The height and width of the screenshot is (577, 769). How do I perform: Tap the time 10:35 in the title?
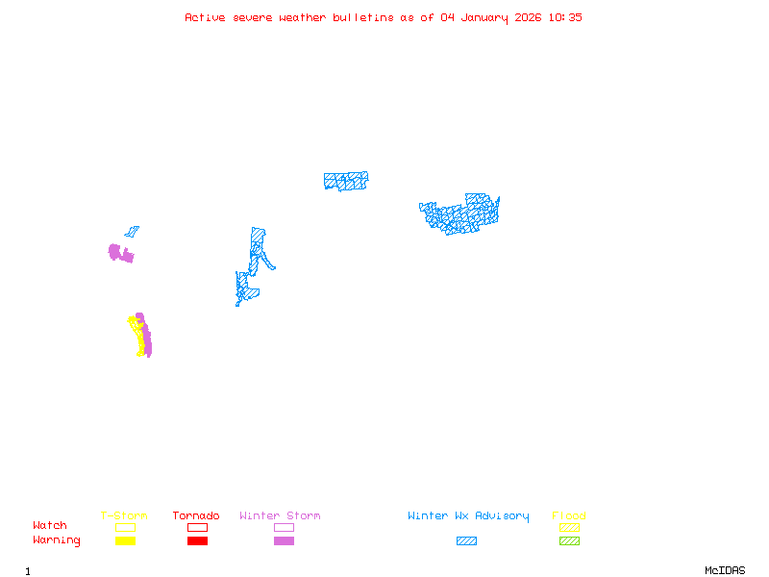coord(565,17)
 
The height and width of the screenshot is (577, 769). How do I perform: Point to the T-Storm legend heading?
coord(124,516)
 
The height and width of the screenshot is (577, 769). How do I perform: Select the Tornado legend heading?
coord(196,516)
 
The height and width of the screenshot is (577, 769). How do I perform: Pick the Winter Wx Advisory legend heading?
coord(468,516)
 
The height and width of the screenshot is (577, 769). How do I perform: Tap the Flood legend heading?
coord(569,516)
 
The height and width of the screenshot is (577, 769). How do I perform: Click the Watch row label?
coord(50,526)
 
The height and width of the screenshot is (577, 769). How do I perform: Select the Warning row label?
coord(57,540)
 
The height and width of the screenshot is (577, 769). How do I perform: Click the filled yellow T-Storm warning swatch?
coord(125,541)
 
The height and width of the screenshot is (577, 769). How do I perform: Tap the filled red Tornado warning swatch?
coord(197,541)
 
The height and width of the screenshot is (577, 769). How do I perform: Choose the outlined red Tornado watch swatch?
coord(197,527)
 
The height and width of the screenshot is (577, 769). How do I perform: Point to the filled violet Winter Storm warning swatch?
coord(284,541)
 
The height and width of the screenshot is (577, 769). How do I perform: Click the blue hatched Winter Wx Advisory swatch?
coord(466,541)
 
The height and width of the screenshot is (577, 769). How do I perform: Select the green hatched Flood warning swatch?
coord(569,541)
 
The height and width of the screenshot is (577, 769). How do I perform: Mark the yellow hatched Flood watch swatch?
coord(569,527)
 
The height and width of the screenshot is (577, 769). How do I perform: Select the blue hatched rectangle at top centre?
coord(346,181)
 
